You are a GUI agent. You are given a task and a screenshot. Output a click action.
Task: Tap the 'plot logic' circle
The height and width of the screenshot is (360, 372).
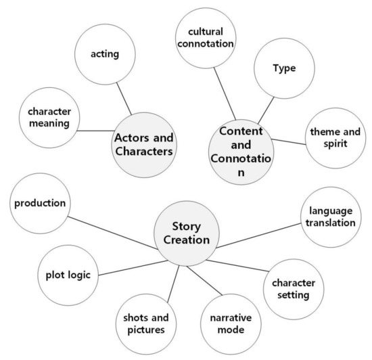tap(68, 273)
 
